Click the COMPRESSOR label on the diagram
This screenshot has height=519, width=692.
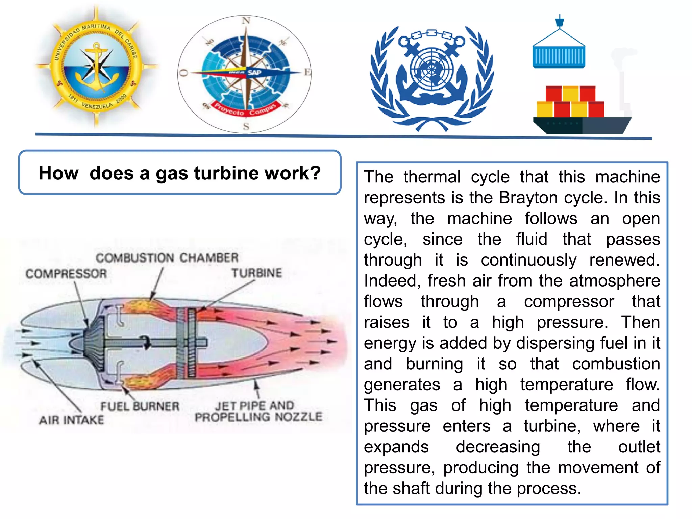click(x=66, y=273)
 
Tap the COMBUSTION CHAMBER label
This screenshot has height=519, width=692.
click(x=167, y=258)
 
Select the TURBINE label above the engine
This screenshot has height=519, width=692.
click(x=256, y=273)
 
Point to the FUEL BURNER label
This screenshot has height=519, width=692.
click(x=140, y=406)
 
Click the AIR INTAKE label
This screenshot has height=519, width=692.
click(x=72, y=420)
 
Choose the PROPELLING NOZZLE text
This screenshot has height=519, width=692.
click(x=258, y=417)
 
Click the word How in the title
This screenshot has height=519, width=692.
click(x=58, y=173)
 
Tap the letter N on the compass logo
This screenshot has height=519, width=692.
click(x=246, y=21)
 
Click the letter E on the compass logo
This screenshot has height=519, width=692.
click(x=307, y=72)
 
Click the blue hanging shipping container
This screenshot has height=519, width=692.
click(x=559, y=57)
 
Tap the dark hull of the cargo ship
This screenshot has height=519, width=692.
click(x=581, y=125)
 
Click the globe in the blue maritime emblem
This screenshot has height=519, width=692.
click(x=431, y=69)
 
